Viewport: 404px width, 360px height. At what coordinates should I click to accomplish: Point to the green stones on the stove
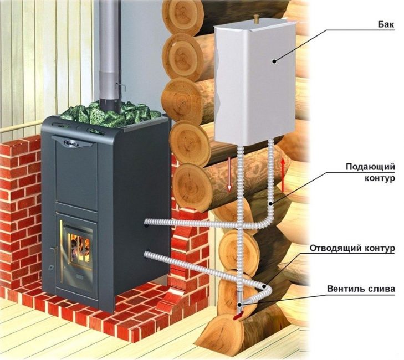111,113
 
